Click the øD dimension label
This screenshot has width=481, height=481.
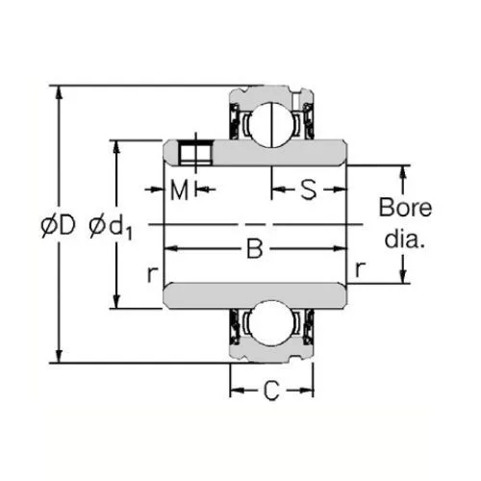(x=58, y=225)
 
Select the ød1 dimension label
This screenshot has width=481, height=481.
(x=111, y=227)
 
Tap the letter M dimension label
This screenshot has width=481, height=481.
(x=179, y=190)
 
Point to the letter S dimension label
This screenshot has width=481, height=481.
(x=308, y=190)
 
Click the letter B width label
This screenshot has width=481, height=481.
(x=255, y=248)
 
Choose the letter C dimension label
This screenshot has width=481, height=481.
(x=271, y=391)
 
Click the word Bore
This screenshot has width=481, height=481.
(x=405, y=208)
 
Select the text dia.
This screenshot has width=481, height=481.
(x=405, y=239)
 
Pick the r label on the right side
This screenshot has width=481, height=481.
(x=361, y=269)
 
